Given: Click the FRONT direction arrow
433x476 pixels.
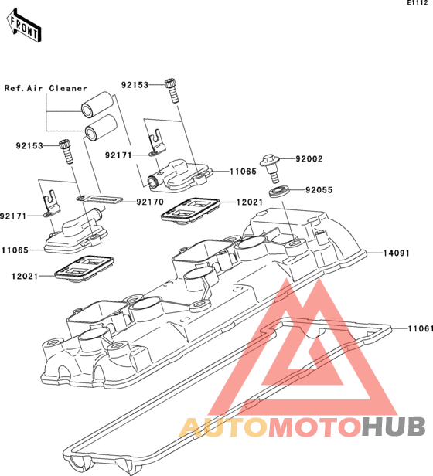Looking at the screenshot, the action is [x=24, y=25].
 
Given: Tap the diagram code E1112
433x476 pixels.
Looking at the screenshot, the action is [x=420, y=3].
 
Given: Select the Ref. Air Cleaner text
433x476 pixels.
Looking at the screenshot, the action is [x=46, y=88].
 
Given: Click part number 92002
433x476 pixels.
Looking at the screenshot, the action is [x=309, y=158].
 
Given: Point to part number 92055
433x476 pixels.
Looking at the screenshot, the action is [x=319, y=190].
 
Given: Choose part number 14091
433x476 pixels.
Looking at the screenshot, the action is [x=397, y=253].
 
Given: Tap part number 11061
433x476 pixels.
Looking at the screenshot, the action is [x=420, y=328].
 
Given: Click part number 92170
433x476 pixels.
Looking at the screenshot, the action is [x=150, y=202].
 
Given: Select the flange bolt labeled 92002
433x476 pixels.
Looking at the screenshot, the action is [x=271, y=168].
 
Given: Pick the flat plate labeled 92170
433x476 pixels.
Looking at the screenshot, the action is [x=100, y=199].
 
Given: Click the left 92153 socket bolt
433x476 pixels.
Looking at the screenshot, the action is [x=66, y=151].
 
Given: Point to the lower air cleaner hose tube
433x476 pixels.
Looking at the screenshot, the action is [x=101, y=128].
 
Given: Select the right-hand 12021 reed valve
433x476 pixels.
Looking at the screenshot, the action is [x=190, y=210].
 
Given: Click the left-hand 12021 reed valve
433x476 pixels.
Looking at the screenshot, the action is [x=84, y=269].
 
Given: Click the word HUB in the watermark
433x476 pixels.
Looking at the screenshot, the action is [x=394, y=427].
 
